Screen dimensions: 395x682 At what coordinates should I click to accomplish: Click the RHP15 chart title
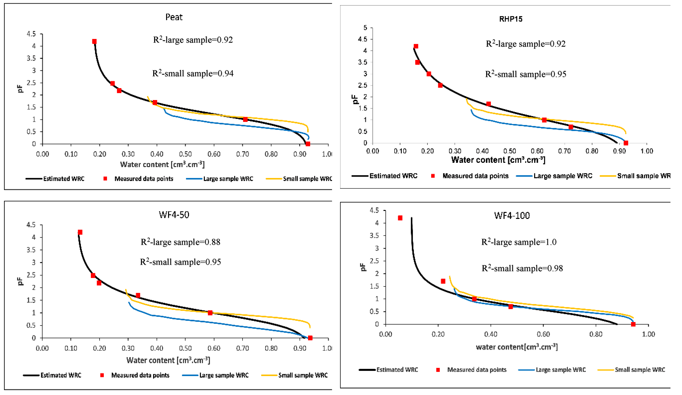pos(510,19)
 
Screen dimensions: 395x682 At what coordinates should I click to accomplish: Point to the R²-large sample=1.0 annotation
pos(519,242)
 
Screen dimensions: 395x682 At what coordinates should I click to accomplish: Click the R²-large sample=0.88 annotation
pos(180,242)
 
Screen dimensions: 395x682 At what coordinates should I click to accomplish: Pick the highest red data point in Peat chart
pos(94,41)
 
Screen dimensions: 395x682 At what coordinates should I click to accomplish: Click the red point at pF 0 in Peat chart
pos(308,144)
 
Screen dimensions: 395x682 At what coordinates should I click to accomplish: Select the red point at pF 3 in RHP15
pos(429,74)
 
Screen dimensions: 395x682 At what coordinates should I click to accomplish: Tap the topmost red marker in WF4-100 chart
pos(400,218)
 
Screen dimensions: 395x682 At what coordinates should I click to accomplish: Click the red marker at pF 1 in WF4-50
pos(210,313)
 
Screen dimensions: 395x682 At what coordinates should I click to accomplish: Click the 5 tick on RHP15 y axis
pos(365,28)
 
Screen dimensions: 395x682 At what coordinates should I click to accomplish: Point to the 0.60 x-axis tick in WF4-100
pos(543,334)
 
